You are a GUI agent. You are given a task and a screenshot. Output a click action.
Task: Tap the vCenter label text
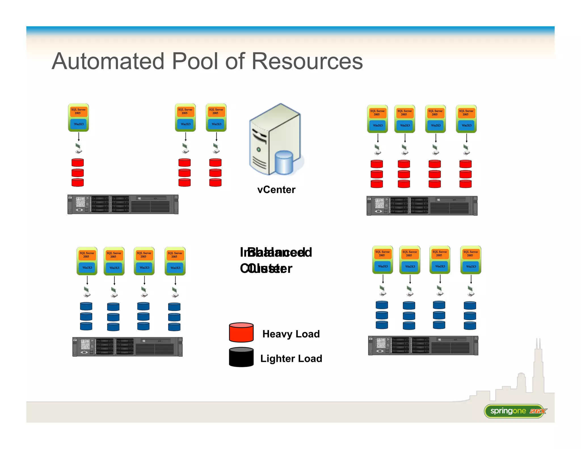click(276, 190)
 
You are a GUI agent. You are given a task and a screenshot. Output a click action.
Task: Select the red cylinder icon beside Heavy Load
click(241, 332)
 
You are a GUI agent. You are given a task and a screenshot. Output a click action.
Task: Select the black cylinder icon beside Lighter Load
click(241, 357)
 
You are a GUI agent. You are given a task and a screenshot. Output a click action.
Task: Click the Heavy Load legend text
click(291, 334)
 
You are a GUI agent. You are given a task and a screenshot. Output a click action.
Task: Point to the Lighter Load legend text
click(291, 358)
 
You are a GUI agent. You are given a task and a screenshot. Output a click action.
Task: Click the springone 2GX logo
click(515, 411)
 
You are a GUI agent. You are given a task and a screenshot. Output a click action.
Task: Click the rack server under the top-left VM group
click(123, 204)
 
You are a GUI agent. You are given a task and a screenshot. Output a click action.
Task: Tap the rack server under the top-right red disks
click(422, 206)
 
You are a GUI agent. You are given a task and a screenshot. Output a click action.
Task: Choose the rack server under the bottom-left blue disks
click(127, 347)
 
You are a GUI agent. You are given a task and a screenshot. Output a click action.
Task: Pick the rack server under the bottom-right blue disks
click(423, 345)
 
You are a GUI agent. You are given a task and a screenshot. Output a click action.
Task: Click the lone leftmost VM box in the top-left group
click(78, 118)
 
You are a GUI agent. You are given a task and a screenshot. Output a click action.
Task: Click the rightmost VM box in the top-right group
click(466, 119)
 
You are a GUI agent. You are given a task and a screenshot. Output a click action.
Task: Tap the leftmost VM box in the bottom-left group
click(87, 261)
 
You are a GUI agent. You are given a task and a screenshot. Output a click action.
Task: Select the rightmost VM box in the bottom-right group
click(470, 260)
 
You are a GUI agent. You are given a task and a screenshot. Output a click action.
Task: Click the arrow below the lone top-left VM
click(79, 137)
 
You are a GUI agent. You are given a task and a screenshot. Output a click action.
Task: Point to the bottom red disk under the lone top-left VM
click(78, 182)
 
